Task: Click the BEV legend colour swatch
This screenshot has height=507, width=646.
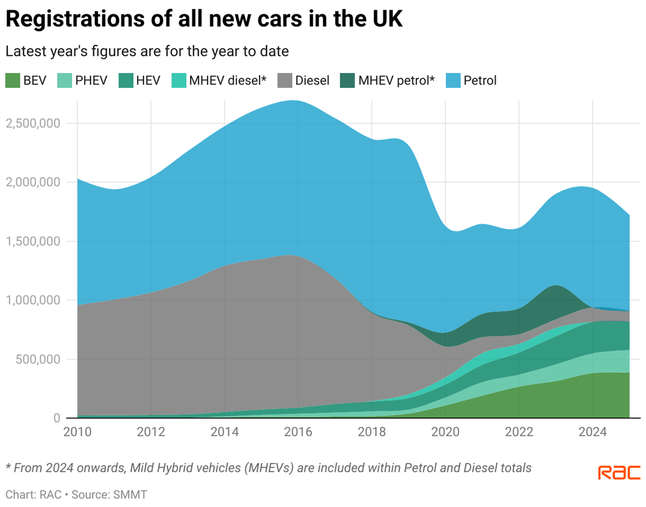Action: [13, 80]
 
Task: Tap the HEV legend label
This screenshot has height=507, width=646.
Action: [148, 80]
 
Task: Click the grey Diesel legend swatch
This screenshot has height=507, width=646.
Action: [285, 80]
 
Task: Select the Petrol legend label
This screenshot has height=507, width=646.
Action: [480, 80]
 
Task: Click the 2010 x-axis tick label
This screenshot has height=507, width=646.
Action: [77, 432]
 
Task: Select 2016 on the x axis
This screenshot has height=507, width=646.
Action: [298, 432]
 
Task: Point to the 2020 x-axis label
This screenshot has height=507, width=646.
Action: [445, 432]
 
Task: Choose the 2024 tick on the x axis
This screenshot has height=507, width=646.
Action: [592, 432]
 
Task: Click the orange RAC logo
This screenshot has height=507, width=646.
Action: [619, 473]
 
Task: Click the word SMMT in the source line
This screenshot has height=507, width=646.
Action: [132, 494]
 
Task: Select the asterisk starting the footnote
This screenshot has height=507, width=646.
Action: [8, 467]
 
